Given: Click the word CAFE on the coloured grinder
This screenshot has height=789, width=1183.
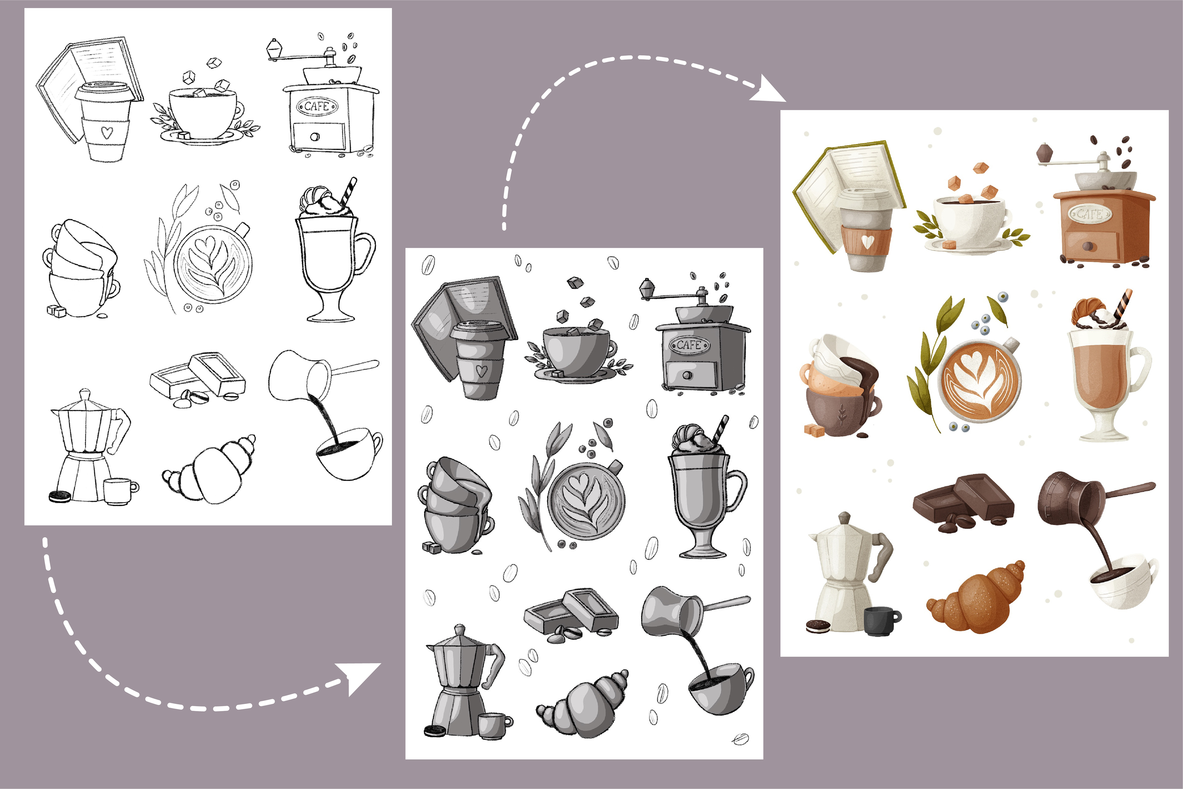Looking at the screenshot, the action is [1090, 214].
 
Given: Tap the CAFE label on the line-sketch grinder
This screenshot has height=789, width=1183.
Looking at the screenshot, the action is [317, 106].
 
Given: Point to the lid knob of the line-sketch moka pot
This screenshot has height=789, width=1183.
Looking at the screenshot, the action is [85, 393].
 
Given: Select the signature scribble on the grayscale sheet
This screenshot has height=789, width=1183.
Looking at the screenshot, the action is [740, 739].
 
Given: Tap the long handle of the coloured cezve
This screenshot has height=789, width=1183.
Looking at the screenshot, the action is [1129, 491].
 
